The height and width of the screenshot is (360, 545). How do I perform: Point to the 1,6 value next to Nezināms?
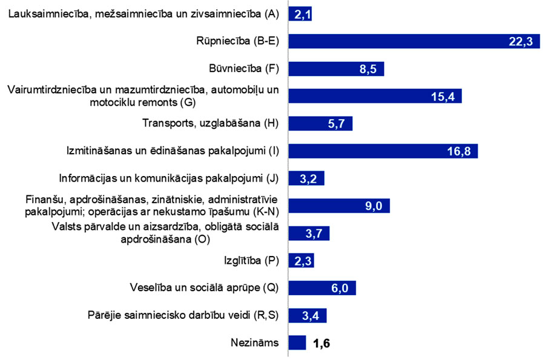pos(321,343)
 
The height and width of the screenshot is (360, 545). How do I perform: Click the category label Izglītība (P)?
pos(248,261)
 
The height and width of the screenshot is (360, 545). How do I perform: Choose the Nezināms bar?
pos(297,343)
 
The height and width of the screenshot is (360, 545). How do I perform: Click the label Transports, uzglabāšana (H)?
pos(210,123)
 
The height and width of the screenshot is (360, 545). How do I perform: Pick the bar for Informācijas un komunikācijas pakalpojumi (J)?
pos(306,178)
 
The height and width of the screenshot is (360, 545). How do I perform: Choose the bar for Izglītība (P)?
pos(301,261)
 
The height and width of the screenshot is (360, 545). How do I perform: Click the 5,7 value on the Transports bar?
pos(336,123)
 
